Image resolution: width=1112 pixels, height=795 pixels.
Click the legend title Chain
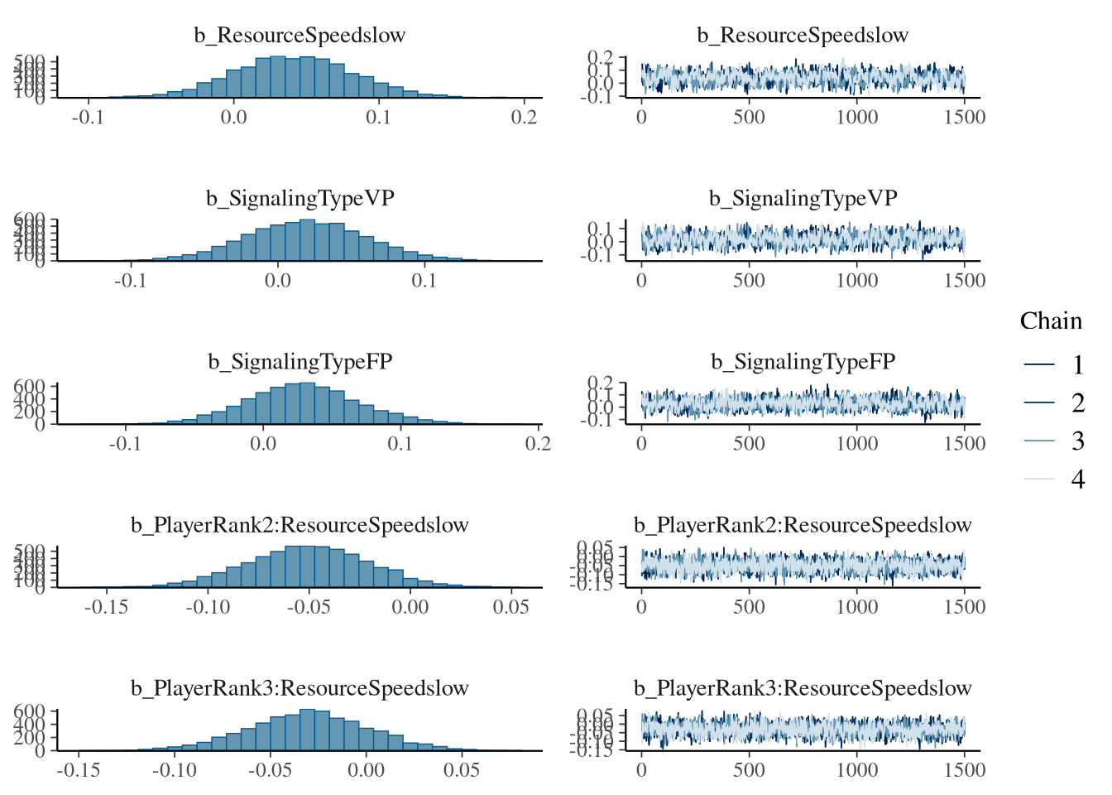(x=1051, y=321)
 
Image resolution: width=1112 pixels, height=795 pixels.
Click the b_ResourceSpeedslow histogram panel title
(x=300, y=36)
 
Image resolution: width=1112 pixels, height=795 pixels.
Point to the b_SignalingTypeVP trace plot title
(x=803, y=199)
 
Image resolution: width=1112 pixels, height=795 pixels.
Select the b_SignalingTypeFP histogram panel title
(x=300, y=362)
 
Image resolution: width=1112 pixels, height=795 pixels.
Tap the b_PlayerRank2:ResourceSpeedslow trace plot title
(x=803, y=525)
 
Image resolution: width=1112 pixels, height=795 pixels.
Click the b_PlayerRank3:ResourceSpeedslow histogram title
(x=300, y=688)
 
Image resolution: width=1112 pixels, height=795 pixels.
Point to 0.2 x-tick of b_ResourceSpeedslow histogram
(x=525, y=118)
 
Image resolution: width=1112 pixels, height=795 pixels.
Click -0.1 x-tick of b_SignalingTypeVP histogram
(x=130, y=281)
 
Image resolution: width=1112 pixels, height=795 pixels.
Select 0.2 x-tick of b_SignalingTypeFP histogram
(x=538, y=444)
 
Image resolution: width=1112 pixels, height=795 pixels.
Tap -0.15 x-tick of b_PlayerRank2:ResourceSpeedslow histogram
(x=106, y=607)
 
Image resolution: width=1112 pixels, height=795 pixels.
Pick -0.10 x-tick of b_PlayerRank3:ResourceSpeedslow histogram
(x=174, y=770)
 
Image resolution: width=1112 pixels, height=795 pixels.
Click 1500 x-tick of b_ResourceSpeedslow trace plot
(x=965, y=118)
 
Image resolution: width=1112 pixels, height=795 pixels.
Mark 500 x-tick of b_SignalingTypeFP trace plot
(x=749, y=444)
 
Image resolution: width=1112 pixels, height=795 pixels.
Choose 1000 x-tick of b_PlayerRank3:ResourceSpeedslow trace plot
(x=856, y=770)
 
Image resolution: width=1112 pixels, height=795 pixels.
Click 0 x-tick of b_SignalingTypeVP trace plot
(x=642, y=281)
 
